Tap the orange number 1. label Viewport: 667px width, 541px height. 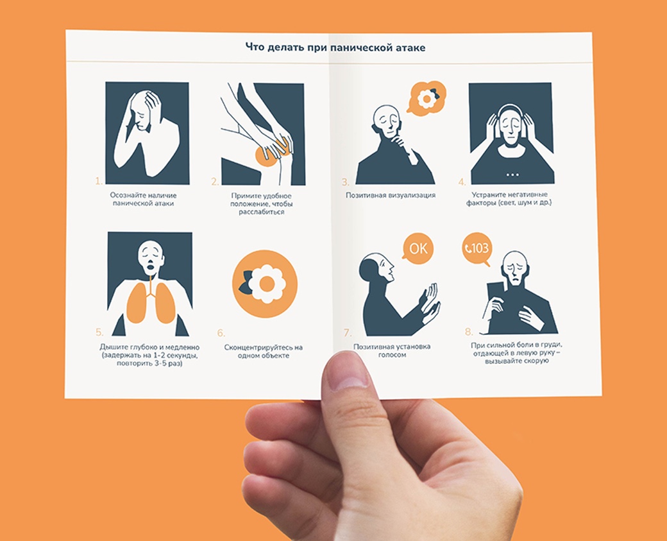pos(98,182)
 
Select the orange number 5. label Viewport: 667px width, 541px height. pos(99,332)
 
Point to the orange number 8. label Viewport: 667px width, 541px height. pos(468,332)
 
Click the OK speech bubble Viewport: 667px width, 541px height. pos(418,248)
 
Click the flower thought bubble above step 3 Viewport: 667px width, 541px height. pos(426,98)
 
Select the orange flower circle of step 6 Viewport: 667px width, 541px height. pos(265,284)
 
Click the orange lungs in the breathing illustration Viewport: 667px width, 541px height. pos(151,302)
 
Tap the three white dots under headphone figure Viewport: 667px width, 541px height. pos(512,175)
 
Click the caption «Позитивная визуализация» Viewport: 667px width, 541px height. pos(390,195)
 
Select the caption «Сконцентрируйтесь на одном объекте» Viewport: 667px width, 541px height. pos(264,351)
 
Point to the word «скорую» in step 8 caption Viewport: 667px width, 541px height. pos(532,361)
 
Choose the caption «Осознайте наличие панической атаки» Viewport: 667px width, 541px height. pos(144,199)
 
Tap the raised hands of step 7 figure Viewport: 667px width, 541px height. pos(430,302)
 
